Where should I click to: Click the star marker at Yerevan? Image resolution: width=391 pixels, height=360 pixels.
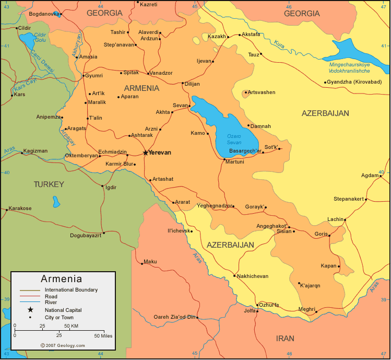145,153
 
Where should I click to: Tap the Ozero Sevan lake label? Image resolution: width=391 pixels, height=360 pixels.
234,139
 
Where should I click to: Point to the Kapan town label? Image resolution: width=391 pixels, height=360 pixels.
328,266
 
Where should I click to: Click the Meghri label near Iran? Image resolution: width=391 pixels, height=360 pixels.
306,309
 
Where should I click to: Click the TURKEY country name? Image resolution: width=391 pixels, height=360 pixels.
49,184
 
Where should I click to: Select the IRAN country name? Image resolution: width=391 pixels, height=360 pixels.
285,338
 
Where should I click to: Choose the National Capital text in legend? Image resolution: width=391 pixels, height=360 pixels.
63,310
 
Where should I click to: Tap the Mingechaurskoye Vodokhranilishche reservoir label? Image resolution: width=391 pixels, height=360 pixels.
356,67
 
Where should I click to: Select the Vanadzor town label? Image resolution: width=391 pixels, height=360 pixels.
161,73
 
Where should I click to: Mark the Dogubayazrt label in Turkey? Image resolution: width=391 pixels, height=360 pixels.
86,235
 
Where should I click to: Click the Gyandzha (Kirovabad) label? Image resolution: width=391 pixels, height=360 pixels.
354,82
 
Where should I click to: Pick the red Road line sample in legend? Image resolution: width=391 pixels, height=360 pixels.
31,296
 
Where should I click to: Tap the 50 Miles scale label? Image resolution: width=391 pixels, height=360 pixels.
103,335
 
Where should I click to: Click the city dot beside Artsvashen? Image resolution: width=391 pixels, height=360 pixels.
245,93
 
